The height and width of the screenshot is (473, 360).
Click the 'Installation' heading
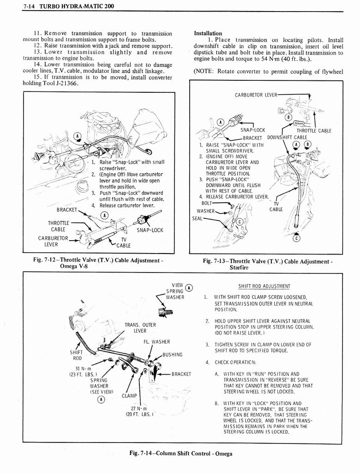(208, 33)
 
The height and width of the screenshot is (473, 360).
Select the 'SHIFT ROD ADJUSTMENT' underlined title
(264, 285)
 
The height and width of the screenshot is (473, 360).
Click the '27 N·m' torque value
(138, 408)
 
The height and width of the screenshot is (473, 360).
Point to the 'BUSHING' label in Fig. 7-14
(172, 355)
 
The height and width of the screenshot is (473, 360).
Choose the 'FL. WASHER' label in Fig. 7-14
(157, 342)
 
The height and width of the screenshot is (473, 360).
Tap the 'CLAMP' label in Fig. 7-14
(130, 395)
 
